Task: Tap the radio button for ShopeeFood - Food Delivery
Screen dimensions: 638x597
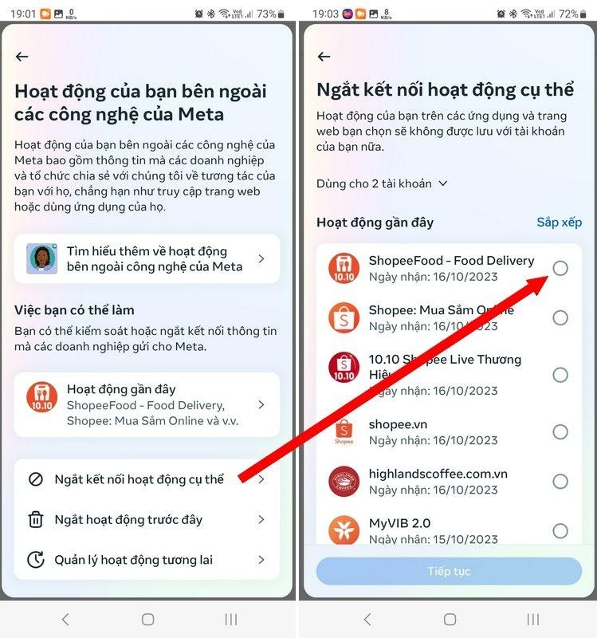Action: click(x=560, y=268)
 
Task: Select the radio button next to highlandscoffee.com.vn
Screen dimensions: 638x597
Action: click(x=560, y=481)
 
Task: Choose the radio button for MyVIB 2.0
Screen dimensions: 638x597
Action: click(x=560, y=530)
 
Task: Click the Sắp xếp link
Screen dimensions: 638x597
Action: click(x=559, y=223)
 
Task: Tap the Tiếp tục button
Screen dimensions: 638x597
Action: click(x=449, y=571)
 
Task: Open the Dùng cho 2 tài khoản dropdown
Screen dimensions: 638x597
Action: click(x=382, y=183)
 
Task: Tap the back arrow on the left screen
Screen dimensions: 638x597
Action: click(x=22, y=57)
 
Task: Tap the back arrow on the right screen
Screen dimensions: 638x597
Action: click(x=324, y=57)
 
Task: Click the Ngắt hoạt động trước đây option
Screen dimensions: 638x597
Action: click(x=128, y=520)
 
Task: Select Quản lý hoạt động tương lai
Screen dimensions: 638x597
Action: click(x=133, y=560)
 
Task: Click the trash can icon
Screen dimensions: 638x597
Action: click(x=36, y=520)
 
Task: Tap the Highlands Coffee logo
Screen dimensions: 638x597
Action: click(x=344, y=481)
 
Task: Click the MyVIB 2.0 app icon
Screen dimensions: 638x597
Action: click(x=344, y=530)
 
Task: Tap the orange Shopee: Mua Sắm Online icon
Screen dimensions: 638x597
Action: click(x=344, y=317)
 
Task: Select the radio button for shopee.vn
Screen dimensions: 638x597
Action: click(x=560, y=431)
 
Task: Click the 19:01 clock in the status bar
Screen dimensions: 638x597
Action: click(x=24, y=14)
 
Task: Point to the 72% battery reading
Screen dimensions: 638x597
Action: click(x=568, y=14)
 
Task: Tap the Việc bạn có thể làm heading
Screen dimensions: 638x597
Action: click(x=74, y=309)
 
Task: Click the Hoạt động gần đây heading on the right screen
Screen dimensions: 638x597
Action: click(x=375, y=223)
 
